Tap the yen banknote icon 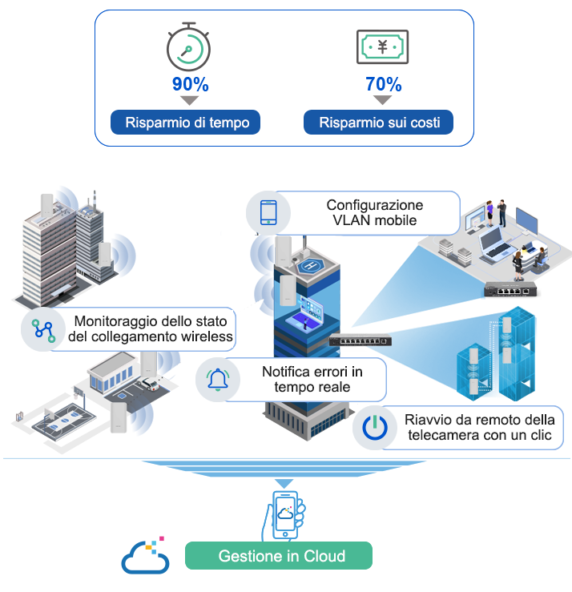[x=382, y=46]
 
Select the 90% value [x=191, y=84]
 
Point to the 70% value [x=383, y=84]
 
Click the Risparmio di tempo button [x=185, y=123]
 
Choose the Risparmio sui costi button [x=378, y=123]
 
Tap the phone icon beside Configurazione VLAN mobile [x=268, y=213]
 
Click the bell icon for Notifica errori [x=218, y=380]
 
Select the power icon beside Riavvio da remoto [x=375, y=428]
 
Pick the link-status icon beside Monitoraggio [x=43, y=330]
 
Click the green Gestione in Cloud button [x=279, y=555]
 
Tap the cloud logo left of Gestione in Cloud [x=145, y=556]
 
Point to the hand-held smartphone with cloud [x=284, y=515]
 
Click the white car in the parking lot [x=149, y=385]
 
